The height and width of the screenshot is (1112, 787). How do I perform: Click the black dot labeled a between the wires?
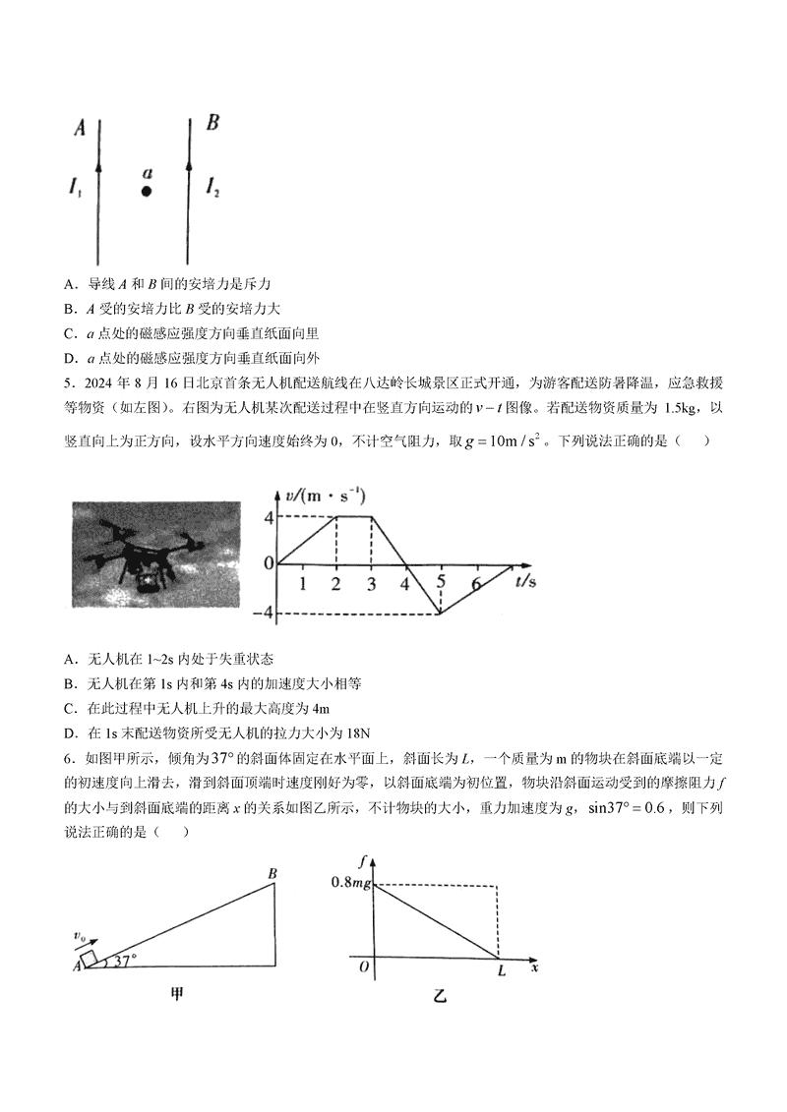pyautogui.click(x=146, y=192)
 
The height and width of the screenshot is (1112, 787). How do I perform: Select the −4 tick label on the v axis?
pyautogui.click(x=263, y=615)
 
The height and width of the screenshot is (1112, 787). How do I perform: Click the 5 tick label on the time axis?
pyautogui.click(x=442, y=581)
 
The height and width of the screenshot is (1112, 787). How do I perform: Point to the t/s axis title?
pyautogui.click(x=525, y=582)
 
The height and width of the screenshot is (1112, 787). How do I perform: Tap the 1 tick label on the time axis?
pyautogui.click(x=302, y=584)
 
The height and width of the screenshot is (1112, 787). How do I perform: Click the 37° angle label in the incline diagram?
pyautogui.click(x=124, y=962)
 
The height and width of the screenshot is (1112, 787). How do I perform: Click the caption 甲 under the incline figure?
pyautogui.click(x=177, y=993)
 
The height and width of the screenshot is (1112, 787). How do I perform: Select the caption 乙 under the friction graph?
pyautogui.click(x=440, y=998)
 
